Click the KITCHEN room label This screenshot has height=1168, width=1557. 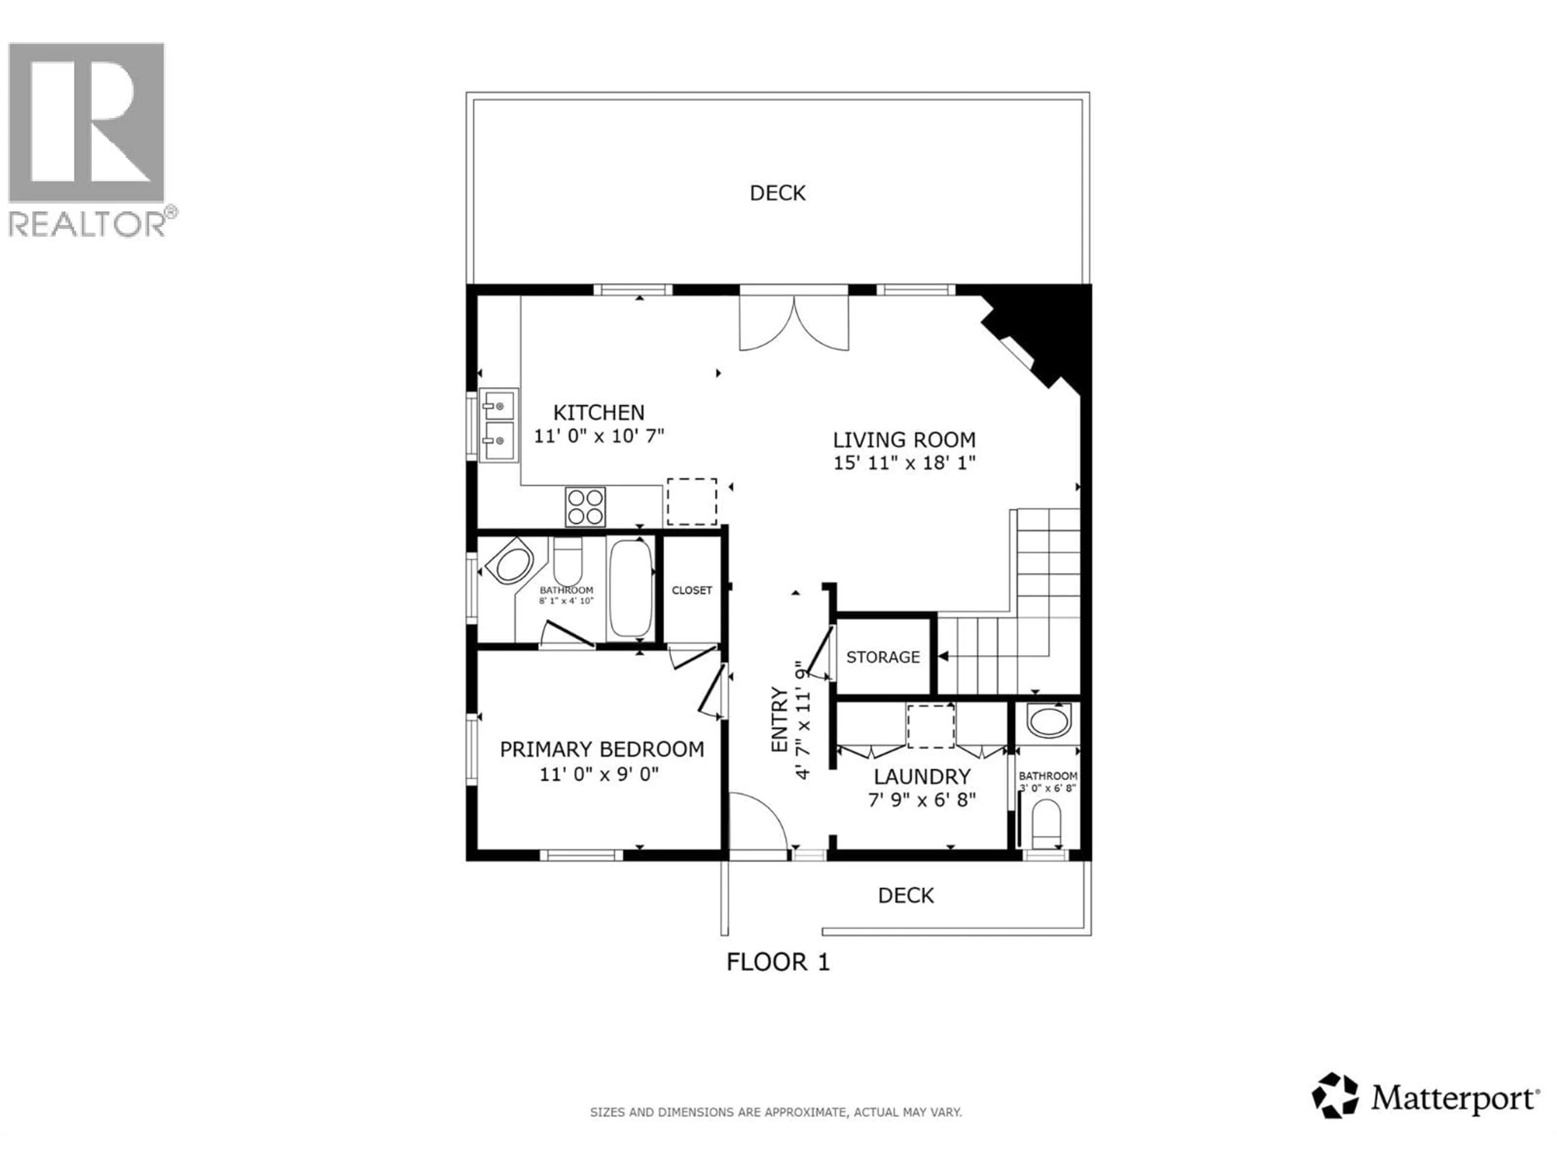598,412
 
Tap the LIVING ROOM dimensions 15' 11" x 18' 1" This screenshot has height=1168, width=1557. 905,463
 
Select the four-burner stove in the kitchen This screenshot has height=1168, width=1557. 585,506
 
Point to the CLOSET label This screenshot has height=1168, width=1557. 692,590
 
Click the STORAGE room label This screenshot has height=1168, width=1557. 883,657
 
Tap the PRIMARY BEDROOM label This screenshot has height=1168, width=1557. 602,749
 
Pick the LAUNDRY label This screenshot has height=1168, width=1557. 922,777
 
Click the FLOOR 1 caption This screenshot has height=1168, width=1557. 778,962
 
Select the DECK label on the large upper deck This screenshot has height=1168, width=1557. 777,193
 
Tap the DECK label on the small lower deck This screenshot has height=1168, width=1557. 906,895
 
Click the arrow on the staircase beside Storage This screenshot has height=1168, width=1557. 943,656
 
